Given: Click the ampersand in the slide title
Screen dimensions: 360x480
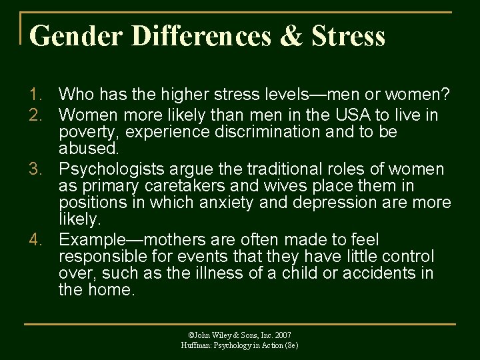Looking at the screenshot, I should [291, 36].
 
